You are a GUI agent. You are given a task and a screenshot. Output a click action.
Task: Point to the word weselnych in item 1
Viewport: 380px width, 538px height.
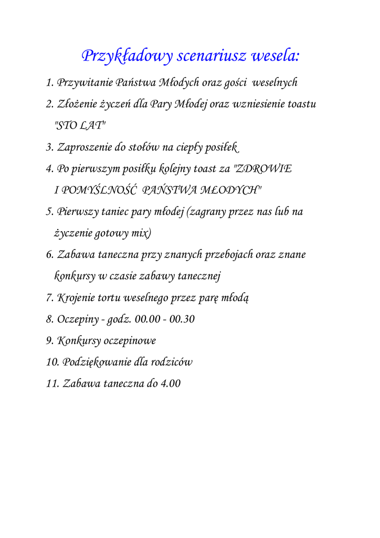[x=275, y=82]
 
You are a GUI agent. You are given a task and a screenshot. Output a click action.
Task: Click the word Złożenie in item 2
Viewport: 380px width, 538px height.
[x=78, y=104]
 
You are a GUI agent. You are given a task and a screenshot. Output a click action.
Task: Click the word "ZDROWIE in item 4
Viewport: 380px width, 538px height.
[x=262, y=169]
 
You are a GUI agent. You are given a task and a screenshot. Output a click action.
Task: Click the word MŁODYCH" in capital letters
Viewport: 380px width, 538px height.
[x=236, y=190]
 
